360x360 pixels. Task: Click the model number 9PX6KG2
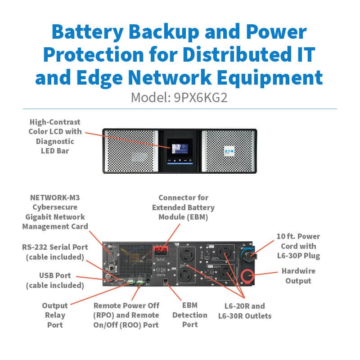point(200,98)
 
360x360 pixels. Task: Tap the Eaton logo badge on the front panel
point(229,151)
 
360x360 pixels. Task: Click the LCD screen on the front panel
point(180,149)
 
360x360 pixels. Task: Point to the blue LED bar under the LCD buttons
point(180,163)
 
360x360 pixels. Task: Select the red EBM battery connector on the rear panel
point(161,251)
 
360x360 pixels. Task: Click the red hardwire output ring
point(247,276)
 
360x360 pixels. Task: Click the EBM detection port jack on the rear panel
point(165,281)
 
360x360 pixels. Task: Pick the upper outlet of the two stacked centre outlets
point(187,255)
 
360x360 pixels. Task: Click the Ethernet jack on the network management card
point(112,268)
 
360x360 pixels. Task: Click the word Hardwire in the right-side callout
point(298,271)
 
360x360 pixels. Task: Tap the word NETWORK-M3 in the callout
point(55,198)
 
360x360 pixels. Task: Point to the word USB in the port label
point(46,275)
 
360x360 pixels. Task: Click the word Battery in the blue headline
point(87,32)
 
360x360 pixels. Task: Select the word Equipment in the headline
point(270,78)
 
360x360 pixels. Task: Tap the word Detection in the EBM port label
point(189,315)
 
